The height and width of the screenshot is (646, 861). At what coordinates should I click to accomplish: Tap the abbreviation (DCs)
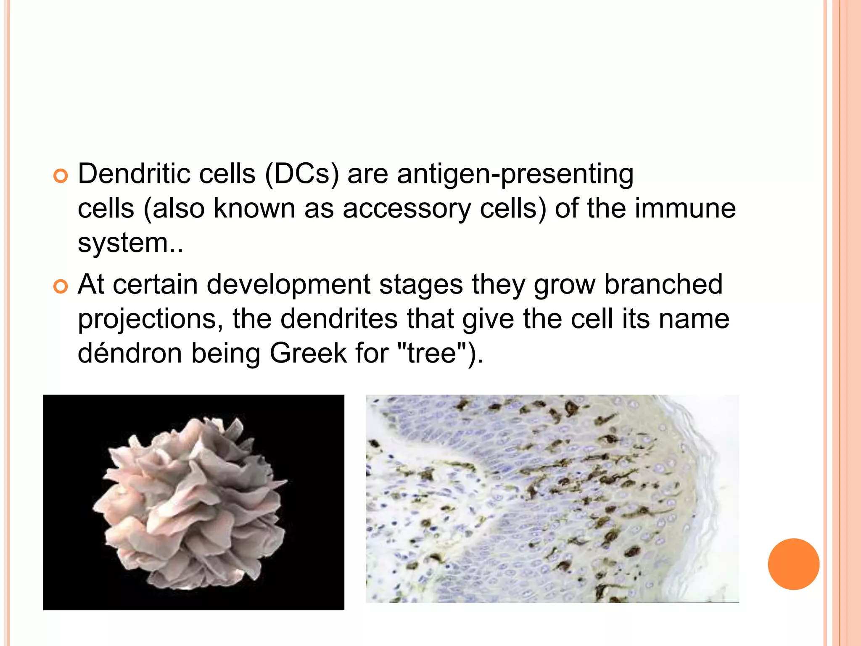pos(301,174)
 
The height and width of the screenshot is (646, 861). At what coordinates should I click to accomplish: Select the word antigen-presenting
pos(515,175)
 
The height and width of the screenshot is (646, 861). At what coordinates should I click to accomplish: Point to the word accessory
pos(407,209)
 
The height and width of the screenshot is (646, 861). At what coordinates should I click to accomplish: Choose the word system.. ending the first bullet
pos(130,244)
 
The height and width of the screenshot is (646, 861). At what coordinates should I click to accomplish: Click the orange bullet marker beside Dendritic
pos(61,176)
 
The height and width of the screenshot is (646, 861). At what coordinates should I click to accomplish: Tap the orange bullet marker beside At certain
pos(61,287)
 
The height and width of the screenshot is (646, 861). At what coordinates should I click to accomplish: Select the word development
pos(288,285)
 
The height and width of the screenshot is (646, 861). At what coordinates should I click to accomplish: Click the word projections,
pos(151,320)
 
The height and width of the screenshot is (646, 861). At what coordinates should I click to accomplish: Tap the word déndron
pos(130,353)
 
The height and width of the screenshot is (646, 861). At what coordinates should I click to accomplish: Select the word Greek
pos(308,353)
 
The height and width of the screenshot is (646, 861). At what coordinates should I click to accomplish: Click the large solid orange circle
pos(793,564)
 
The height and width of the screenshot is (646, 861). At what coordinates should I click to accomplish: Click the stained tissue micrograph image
pos(552,499)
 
